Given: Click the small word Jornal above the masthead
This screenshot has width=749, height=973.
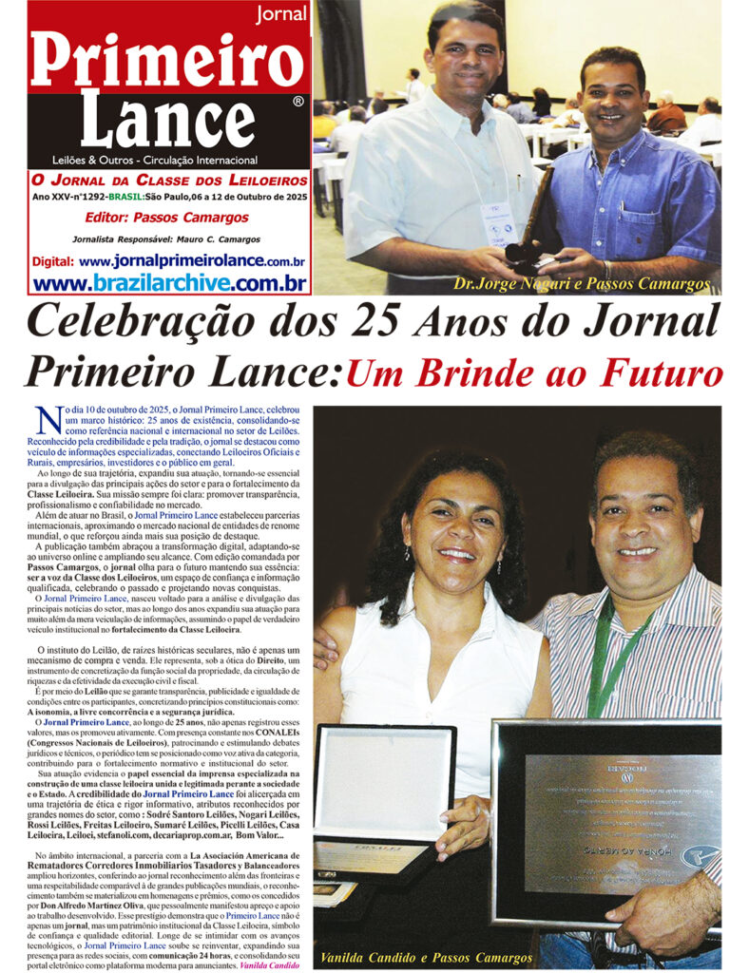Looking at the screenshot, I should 280,13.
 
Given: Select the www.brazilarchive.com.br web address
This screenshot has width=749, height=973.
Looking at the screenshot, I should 169,282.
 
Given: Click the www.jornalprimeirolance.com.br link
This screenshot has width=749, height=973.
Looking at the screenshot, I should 191,261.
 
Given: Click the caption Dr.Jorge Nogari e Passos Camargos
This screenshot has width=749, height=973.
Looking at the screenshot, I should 581,283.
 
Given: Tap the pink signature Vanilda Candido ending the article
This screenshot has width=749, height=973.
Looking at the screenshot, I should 270,964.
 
